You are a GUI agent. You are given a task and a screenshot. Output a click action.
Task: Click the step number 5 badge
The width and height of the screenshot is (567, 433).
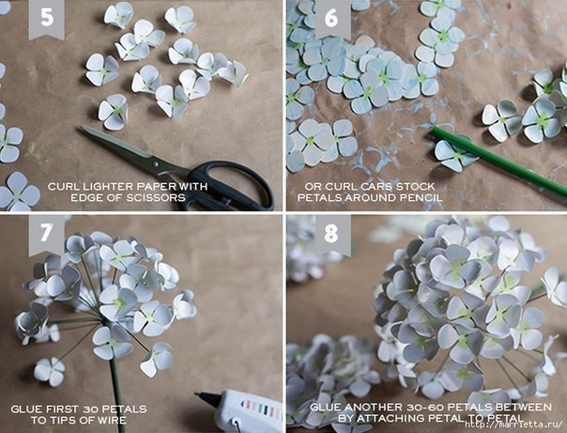(47, 18)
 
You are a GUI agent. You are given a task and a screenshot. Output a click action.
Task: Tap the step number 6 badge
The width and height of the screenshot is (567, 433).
(331, 18)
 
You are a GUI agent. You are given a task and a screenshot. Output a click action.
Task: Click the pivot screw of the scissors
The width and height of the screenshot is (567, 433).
(156, 163)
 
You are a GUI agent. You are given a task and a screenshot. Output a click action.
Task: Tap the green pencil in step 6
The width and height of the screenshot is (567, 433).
(498, 162)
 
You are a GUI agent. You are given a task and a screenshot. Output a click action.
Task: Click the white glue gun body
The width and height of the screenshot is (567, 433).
(250, 411)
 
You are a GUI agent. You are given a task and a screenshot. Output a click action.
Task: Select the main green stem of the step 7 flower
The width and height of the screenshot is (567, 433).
(115, 378)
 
